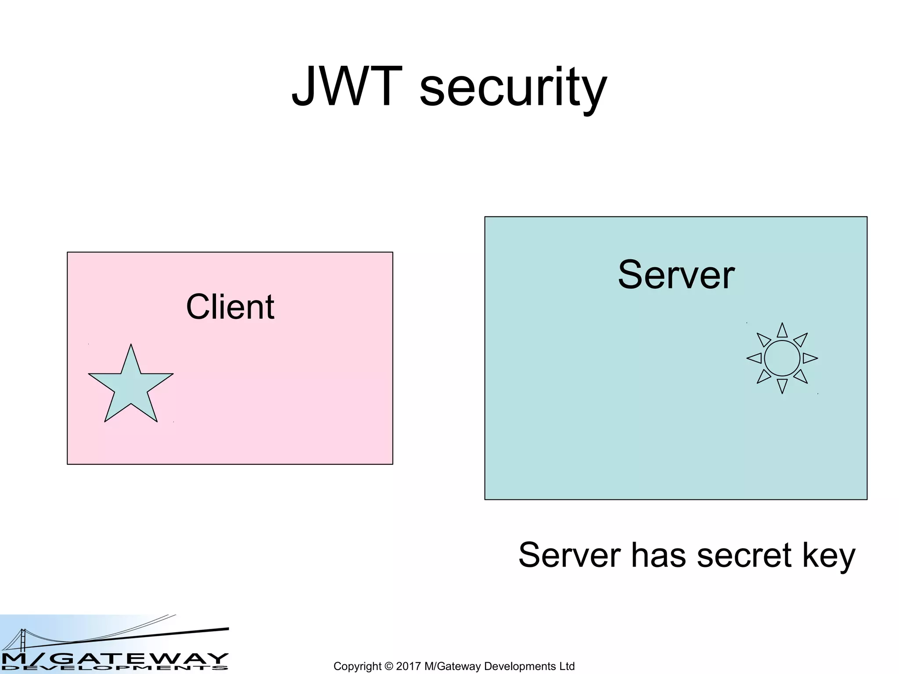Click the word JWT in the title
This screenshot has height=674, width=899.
coord(347,86)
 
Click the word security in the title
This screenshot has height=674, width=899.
coord(513,88)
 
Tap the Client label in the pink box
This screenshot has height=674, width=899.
coord(230,307)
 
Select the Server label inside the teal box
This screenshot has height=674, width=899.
coord(676,275)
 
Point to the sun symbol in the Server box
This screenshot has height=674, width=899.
coord(782,359)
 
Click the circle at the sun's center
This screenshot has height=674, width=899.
coord(782,359)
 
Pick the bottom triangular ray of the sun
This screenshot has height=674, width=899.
coord(782,385)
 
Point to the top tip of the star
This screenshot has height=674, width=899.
coord(131,346)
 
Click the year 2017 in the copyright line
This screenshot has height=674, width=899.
coord(409,666)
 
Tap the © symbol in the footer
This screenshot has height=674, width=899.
coord(388,666)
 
